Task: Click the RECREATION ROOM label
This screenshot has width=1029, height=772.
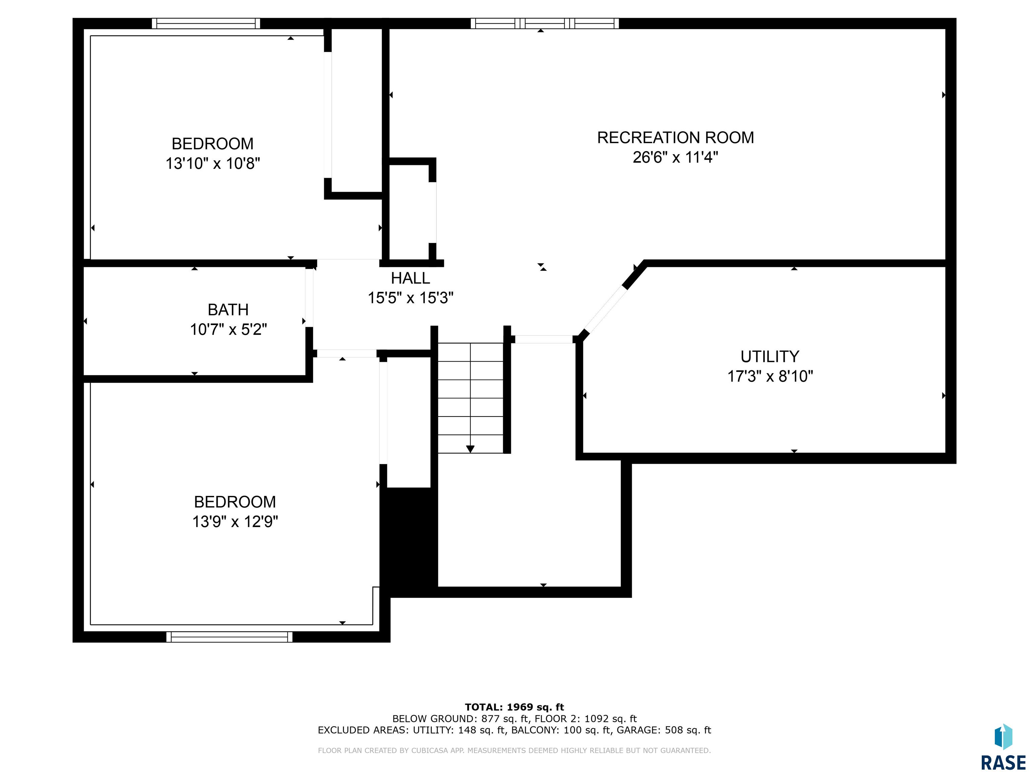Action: (676, 138)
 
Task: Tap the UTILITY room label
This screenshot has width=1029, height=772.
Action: (770, 357)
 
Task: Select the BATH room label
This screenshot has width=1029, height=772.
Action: (228, 310)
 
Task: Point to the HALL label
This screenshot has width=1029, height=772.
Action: (410, 278)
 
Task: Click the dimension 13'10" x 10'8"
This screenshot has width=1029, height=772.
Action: (213, 163)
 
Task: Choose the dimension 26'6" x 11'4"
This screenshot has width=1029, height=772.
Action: (676, 157)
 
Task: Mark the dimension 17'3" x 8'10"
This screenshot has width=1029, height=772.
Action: (770, 376)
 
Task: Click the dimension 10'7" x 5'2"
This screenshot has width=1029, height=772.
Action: (228, 329)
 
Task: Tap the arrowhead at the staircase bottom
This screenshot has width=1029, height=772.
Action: (470, 449)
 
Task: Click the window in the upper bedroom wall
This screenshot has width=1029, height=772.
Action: (206, 23)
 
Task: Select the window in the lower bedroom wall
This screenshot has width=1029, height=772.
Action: (229, 637)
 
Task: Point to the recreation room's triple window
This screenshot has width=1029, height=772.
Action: (545, 23)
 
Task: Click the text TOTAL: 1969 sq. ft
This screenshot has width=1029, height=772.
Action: (514, 707)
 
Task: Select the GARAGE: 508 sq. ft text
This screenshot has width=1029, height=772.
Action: (664, 730)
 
